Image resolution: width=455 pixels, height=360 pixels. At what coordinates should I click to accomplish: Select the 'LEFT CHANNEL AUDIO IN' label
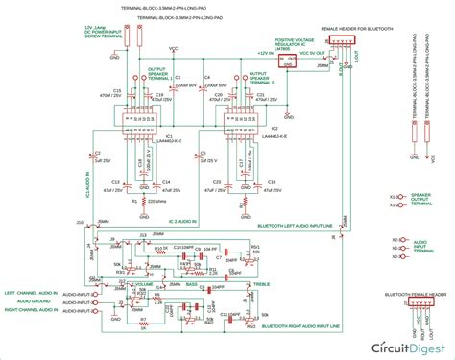click(x=33, y=292)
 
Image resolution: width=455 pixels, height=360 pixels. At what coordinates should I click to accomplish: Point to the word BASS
click(x=191, y=285)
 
